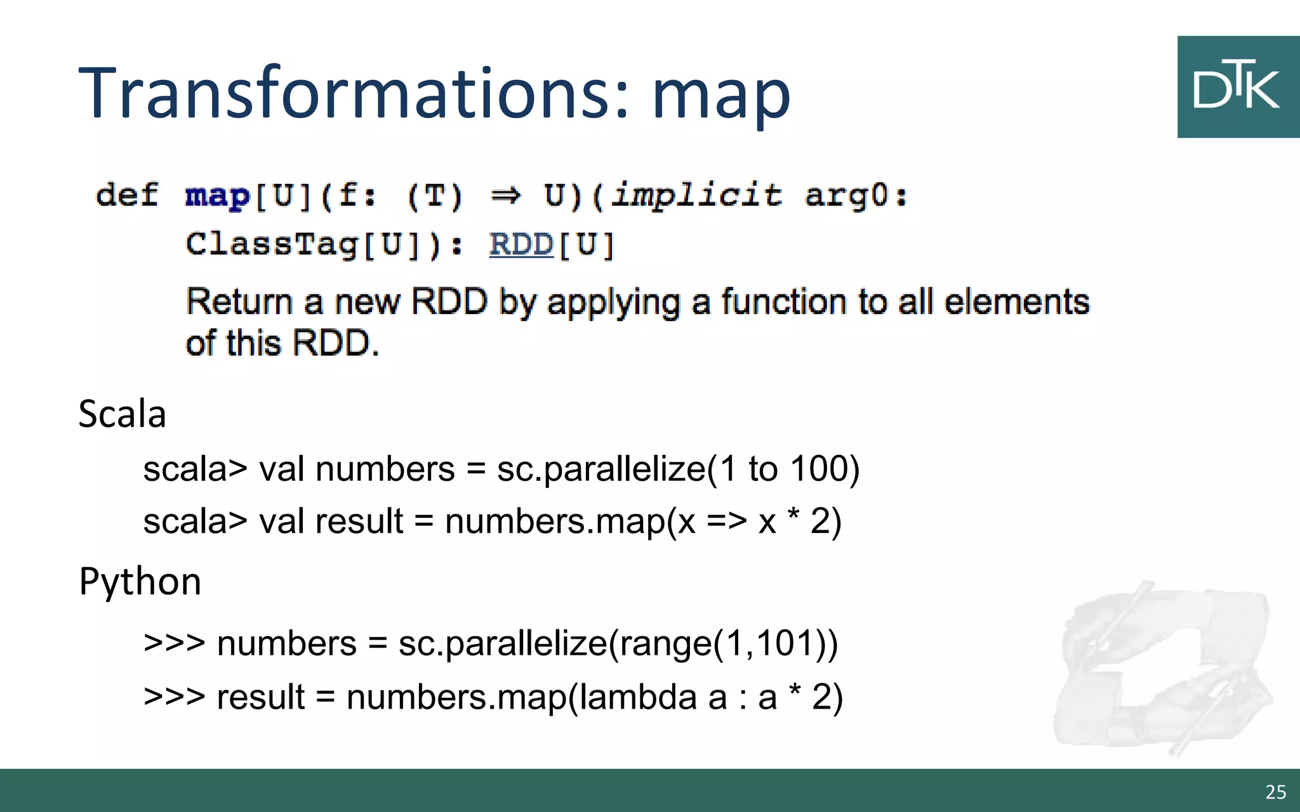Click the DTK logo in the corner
pos(1238,87)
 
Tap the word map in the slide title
pos(721,95)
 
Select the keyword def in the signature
pos(127,195)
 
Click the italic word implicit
pos(696,195)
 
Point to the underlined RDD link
pos(521,245)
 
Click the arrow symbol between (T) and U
pos(505,195)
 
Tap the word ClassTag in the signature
pos(272,245)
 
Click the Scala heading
pos(122,414)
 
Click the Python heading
pos(140,581)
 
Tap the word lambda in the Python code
pos(639,697)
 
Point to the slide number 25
pos(1275,792)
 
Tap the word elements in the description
pos(1017,301)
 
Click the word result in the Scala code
pos(359,521)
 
